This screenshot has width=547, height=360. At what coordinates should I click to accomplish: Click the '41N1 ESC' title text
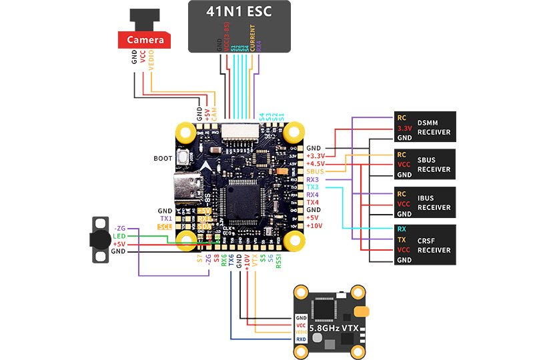239,13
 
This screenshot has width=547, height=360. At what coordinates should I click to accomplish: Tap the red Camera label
145,40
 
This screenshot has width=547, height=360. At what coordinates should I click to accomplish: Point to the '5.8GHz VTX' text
330,327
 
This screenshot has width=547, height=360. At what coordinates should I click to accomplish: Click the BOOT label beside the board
163,159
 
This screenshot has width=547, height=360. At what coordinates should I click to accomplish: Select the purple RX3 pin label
313,179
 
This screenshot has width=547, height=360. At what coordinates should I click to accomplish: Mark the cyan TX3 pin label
313,187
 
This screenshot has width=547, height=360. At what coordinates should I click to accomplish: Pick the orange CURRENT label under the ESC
252,37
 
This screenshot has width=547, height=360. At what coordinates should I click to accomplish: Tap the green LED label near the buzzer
119,236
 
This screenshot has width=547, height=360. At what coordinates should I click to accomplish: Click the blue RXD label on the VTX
302,339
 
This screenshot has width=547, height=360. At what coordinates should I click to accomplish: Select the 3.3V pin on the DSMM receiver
404,128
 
